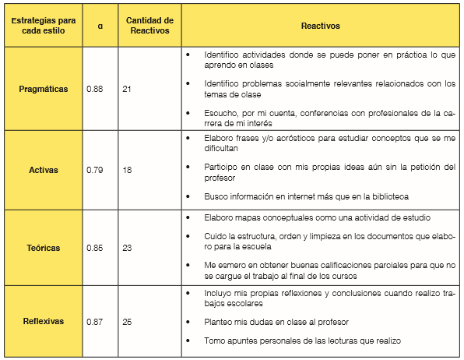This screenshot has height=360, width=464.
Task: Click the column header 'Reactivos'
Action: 320,26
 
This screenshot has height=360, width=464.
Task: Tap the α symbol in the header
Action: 100,26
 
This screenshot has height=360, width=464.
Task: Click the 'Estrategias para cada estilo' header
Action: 43,26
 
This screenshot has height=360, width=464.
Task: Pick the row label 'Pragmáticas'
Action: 43,89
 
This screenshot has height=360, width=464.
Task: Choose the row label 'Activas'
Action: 43,169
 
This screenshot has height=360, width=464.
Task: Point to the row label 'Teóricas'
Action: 43,249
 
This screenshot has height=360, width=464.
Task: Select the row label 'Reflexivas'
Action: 43,320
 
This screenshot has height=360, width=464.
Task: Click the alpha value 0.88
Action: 95,89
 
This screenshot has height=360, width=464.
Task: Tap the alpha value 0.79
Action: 95,169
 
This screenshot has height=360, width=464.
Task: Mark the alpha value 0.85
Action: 95,249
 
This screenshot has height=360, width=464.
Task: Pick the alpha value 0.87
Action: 95,320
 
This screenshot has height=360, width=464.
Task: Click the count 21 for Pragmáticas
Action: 127,89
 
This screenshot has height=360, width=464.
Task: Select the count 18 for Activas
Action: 127,169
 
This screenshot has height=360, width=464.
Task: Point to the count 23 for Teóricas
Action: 127,249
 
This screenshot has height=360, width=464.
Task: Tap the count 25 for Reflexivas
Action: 127,320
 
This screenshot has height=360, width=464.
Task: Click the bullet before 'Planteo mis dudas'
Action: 189,321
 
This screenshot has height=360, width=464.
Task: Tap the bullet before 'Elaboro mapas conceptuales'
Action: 189,217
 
